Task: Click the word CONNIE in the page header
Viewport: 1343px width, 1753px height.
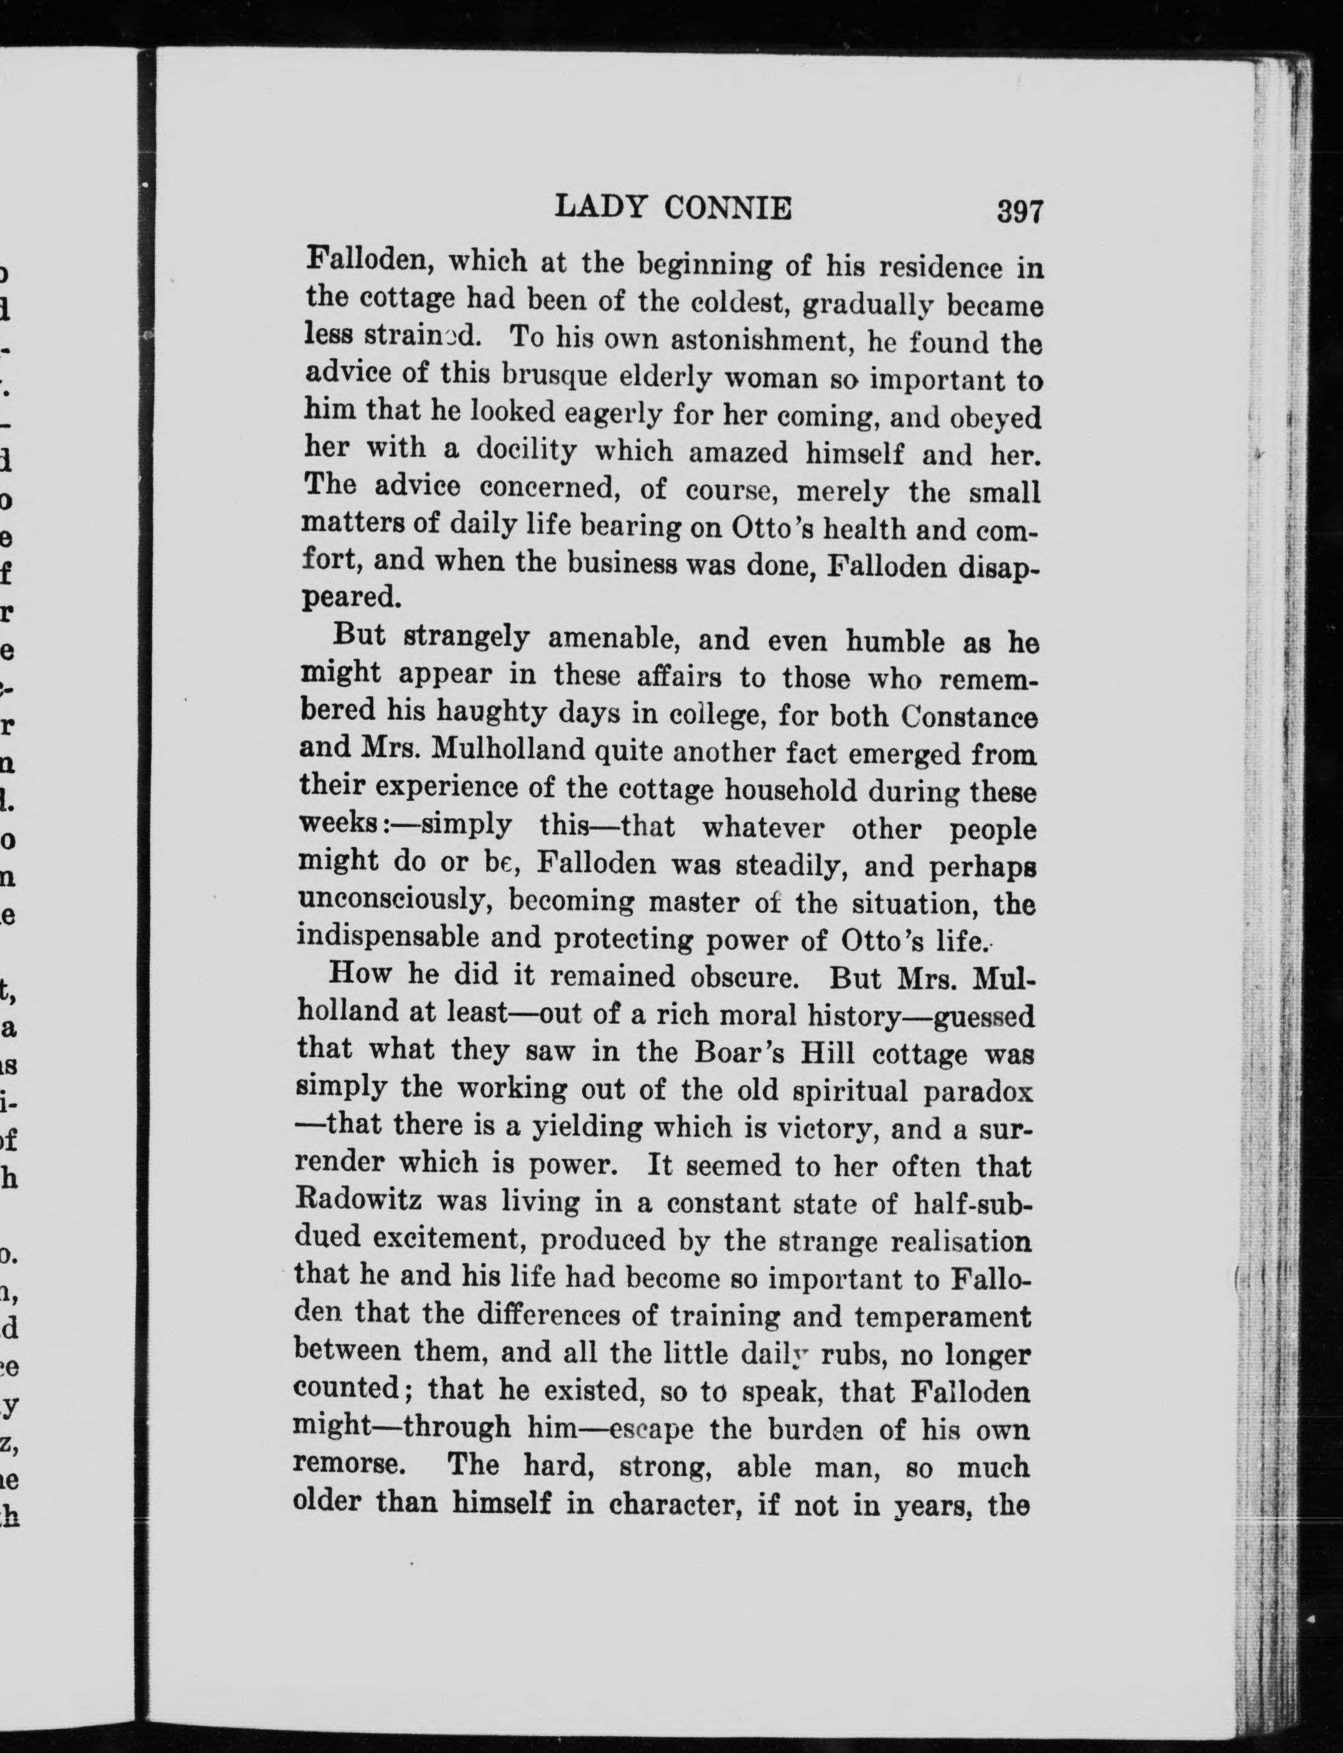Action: tap(728, 208)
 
